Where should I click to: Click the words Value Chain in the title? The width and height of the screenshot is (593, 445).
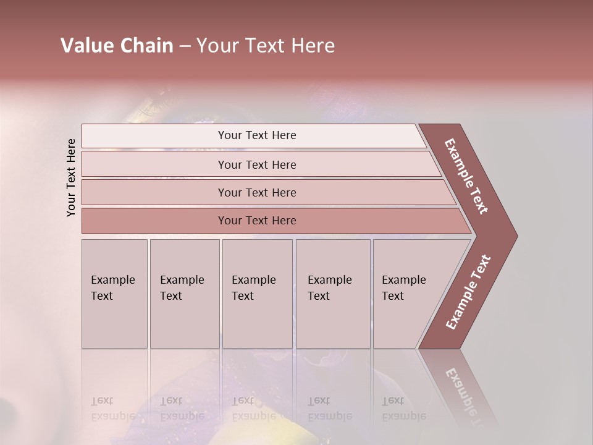click(117, 46)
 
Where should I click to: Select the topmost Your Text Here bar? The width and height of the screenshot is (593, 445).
click(257, 135)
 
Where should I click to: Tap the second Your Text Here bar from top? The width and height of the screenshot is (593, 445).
click(257, 164)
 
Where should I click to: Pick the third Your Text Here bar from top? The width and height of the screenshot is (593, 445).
click(257, 192)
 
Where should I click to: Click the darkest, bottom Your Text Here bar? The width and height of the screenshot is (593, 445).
click(257, 221)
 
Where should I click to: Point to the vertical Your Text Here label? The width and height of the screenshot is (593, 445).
click(71, 177)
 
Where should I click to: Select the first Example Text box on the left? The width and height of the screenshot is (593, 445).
click(114, 293)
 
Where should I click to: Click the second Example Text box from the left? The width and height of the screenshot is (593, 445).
click(184, 293)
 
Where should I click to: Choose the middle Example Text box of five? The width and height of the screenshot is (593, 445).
click(257, 293)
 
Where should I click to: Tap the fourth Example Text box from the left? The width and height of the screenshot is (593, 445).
click(332, 293)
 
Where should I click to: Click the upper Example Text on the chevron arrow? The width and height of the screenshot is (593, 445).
click(466, 176)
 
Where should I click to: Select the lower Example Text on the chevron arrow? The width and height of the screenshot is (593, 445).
click(468, 292)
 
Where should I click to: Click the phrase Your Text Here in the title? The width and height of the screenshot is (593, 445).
click(266, 46)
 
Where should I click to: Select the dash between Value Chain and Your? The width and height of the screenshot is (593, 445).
click(185, 46)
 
